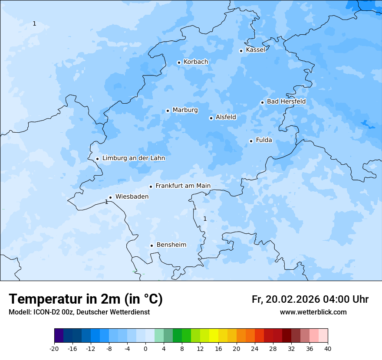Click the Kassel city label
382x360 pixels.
(255, 50)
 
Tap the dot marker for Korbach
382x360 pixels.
(179, 62)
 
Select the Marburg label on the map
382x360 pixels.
(185, 110)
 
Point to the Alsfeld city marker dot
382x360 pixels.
(211, 118)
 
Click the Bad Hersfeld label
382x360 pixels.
(286, 101)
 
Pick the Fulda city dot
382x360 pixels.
(251, 141)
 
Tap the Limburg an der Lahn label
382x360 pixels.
(134, 158)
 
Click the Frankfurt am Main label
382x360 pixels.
(183, 186)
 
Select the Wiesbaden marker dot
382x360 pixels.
(110, 197)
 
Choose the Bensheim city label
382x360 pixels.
(171, 245)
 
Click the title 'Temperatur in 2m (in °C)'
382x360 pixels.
(86, 299)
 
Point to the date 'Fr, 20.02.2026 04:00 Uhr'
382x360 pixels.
(310, 299)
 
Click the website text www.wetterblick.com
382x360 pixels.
(313, 312)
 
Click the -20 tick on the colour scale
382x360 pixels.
(54, 348)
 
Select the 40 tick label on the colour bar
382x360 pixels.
(328, 348)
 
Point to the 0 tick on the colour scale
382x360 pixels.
(145, 348)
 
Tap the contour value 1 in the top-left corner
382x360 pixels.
(34, 23)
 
